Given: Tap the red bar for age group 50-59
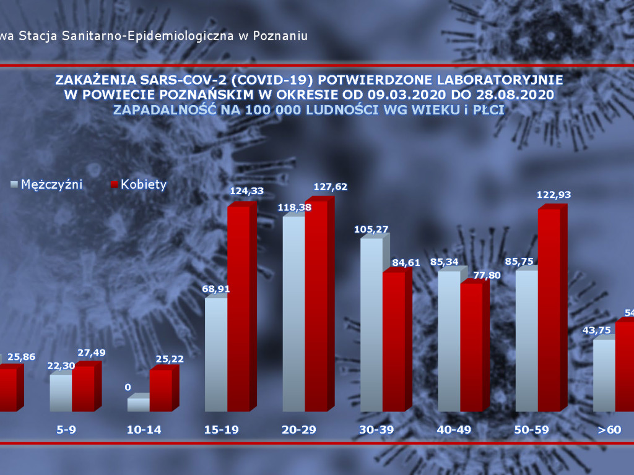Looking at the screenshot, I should (549, 309).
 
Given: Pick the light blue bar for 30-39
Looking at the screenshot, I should (371, 324).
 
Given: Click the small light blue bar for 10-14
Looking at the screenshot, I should (138, 404).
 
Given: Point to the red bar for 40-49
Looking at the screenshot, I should (471, 346).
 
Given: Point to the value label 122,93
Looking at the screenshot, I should (554, 195).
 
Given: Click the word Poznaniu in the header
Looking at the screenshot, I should (281, 36).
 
